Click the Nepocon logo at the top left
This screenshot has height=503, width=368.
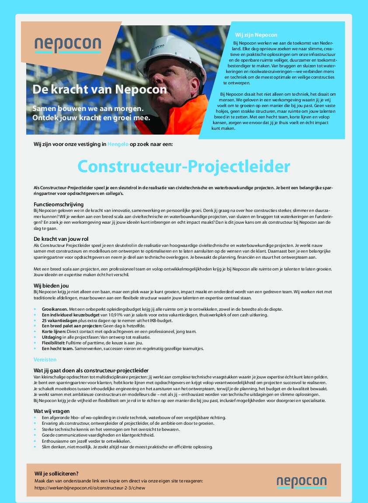coord(68,45)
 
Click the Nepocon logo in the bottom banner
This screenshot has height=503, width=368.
coord(301,482)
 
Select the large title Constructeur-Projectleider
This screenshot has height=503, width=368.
coord(184,167)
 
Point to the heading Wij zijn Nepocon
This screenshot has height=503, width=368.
coord(256,35)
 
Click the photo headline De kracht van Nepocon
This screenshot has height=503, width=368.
coord(100,90)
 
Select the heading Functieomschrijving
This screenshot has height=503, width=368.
coord(59,204)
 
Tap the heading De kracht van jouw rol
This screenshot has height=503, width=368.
coord(61,239)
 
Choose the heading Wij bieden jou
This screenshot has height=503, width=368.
coord(51,285)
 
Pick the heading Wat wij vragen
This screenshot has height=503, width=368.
coord(52,411)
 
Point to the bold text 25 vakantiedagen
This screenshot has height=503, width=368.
coord(59,320)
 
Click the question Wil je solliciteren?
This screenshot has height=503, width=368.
coord(56,473)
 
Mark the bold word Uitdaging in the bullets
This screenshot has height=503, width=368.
coord(52,337)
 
